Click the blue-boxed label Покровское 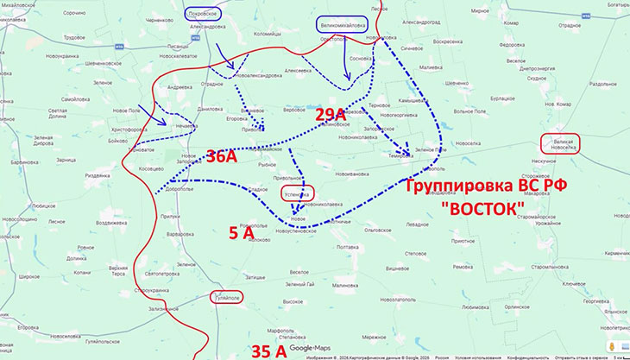[x=203, y=13]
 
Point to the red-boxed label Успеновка [x=297, y=194]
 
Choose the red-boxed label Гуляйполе [x=226, y=297]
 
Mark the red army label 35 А [x=268, y=350]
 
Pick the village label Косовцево [x=150, y=168]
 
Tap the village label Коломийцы [x=256, y=57]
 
